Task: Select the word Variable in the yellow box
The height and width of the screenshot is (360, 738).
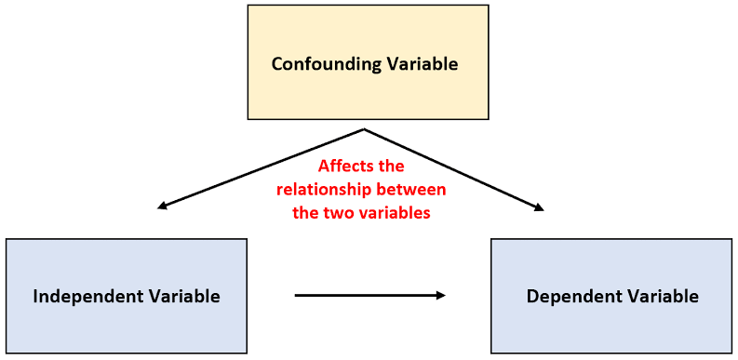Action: pos(422,63)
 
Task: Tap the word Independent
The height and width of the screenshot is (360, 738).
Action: pos(87,297)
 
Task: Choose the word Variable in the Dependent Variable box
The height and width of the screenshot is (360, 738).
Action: pos(663,296)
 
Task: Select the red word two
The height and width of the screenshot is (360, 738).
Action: pos(342,213)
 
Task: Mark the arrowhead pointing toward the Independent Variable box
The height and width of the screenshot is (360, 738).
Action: pos(162,206)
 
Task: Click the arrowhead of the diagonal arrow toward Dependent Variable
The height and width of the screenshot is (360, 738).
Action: pos(539,207)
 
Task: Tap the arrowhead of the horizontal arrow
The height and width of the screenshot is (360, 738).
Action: pos(440,296)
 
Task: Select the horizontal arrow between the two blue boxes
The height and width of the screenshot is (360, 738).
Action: pos(370,296)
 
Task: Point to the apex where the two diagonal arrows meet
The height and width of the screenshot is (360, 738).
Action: pos(363,129)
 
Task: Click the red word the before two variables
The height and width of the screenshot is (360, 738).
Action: pos(307,213)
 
